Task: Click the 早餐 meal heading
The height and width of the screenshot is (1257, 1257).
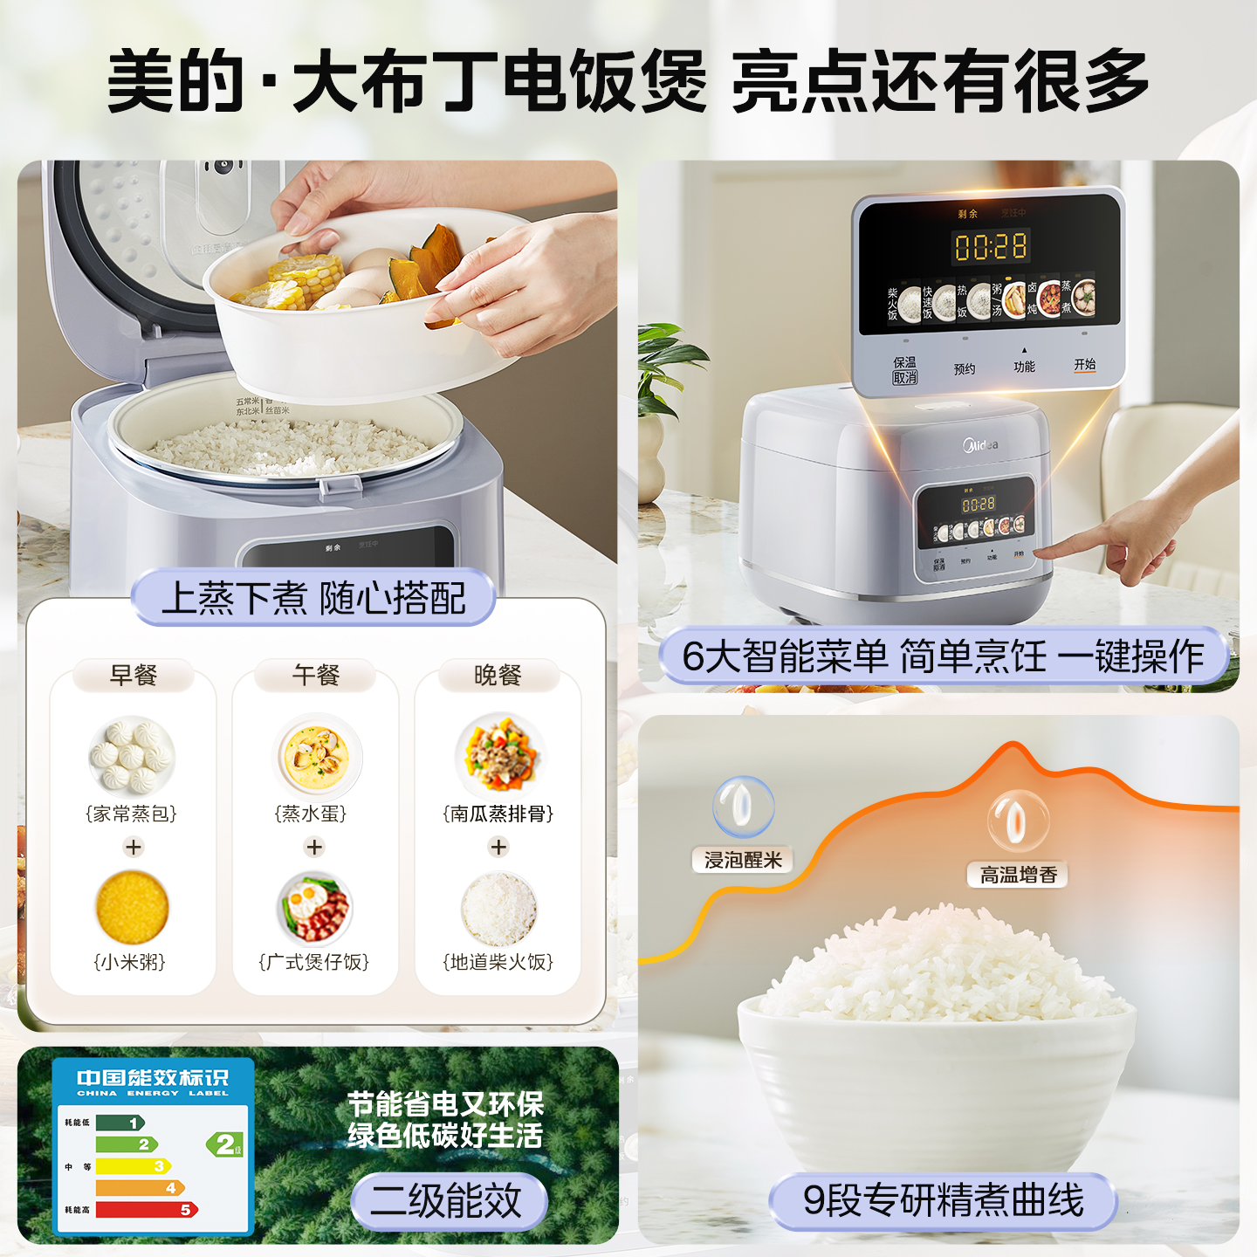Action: pos(133,675)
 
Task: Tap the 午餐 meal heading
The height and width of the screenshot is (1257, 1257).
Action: pos(315,675)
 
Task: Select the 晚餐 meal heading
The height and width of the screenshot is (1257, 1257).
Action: pos(498,675)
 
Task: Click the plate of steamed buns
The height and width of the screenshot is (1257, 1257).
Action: pos(132,755)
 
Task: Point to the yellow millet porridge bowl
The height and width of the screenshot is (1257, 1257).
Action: pos(132,908)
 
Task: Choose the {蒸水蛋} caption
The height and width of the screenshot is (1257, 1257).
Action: pos(311,814)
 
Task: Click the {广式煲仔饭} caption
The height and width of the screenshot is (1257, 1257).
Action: pos(314,962)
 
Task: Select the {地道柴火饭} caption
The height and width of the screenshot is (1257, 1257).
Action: pos(498,962)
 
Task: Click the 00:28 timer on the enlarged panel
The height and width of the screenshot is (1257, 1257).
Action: pos(990,247)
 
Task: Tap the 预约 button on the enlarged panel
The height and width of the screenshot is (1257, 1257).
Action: pos(965,369)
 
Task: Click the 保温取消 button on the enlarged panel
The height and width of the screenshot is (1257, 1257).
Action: pos(905,370)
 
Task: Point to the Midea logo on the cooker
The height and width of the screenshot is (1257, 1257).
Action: pos(980,445)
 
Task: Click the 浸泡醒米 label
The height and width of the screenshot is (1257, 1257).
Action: pos(743,860)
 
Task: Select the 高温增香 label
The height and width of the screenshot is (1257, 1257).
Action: pos(1018,875)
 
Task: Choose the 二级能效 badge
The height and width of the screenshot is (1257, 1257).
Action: pos(448,1201)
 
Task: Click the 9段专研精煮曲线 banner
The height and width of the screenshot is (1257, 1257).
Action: pos(943,1201)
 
